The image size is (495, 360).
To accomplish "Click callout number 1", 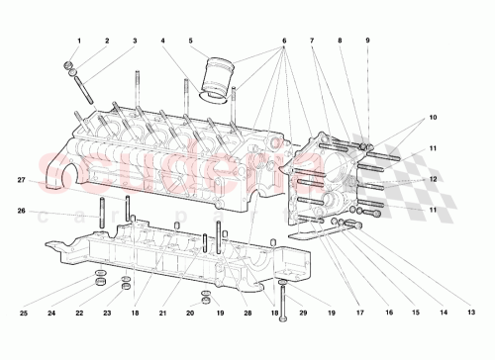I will tap(78, 41).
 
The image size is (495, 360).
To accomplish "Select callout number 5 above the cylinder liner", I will tap(190, 41).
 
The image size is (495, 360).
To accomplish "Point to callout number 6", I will tap(283, 41).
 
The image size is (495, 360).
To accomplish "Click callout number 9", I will tap(366, 41).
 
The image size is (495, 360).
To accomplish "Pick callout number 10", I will tap(433, 118).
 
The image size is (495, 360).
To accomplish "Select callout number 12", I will tap(433, 179).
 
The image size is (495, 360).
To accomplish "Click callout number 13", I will tap(471, 314).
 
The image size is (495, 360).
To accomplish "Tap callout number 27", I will tap(21, 180).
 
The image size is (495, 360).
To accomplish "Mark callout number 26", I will tap(21, 210).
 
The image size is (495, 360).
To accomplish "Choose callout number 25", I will tap(25, 314).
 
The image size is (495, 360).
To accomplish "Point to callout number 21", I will tap(162, 314).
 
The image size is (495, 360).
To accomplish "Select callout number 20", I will tap(190, 314).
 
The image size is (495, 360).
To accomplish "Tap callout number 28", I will tap(247, 314).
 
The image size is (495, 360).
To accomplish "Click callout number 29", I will tap(303, 314).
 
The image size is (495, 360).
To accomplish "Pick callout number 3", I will tap(135, 41).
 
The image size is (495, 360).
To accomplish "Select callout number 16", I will tap(389, 314).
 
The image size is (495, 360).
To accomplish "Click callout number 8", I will tap(339, 41).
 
